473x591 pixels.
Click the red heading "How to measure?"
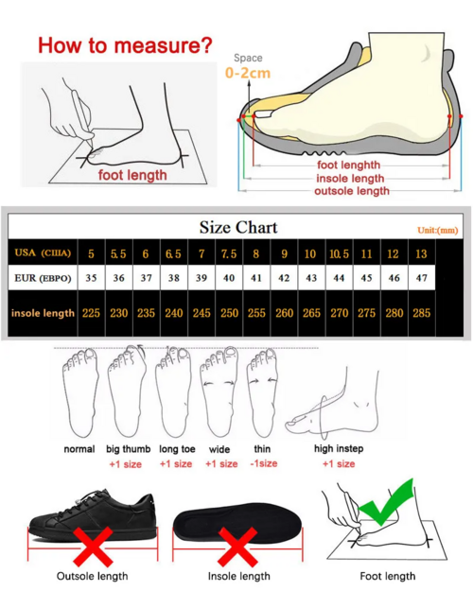tap(125, 44)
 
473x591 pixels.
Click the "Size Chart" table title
tap(237, 227)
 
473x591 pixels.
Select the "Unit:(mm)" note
tap(437, 230)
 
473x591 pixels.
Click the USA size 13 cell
tap(421, 253)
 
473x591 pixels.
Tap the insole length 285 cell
tap(421, 312)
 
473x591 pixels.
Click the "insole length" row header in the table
tap(43, 312)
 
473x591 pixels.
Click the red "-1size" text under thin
tap(264, 463)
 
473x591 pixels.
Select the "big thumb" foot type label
tap(126, 449)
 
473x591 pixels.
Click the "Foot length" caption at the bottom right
tap(387, 576)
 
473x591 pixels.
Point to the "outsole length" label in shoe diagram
tap(351, 191)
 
